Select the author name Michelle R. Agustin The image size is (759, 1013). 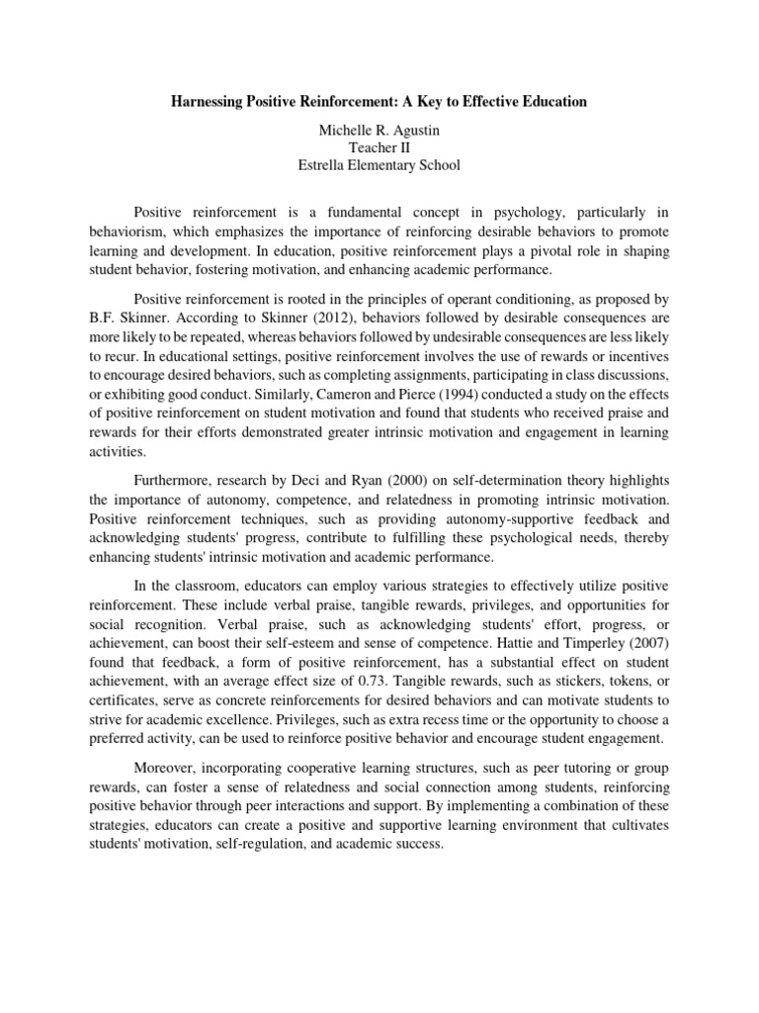coord(379,129)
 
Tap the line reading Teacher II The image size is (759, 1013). coord(379,146)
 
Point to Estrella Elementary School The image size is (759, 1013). coord(379,165)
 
